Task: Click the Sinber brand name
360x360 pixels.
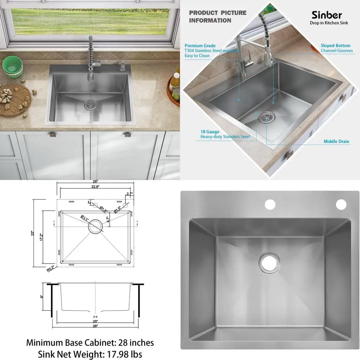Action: pyautogui.click(x=327, y=15)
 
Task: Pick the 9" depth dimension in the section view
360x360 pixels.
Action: pyautogui.click(x=41, y=297)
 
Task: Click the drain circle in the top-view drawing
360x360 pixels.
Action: pyautogui.click(x=95, y=226)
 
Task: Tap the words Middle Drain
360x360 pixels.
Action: pyautogui.click(x=336, y=141)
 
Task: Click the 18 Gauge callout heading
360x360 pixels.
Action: pyautogui.click(x=210, y=132)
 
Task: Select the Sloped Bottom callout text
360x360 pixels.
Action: pyautogui.click(x=336, y=46)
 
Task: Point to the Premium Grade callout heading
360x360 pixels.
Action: pyautogui.click(x=200, y=46)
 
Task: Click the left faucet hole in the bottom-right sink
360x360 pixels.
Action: pyautogui.click(x=270, y=204)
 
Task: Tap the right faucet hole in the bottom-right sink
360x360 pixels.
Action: pyautogui.click(x=341, y=204)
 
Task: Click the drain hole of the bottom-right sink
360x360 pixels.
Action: pyautogui.click(x=268, y=263)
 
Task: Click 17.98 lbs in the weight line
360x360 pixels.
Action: pyautogui.click(x=121, y=354)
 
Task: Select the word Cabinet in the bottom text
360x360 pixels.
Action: pyautogui.click(x=100, y=342)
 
